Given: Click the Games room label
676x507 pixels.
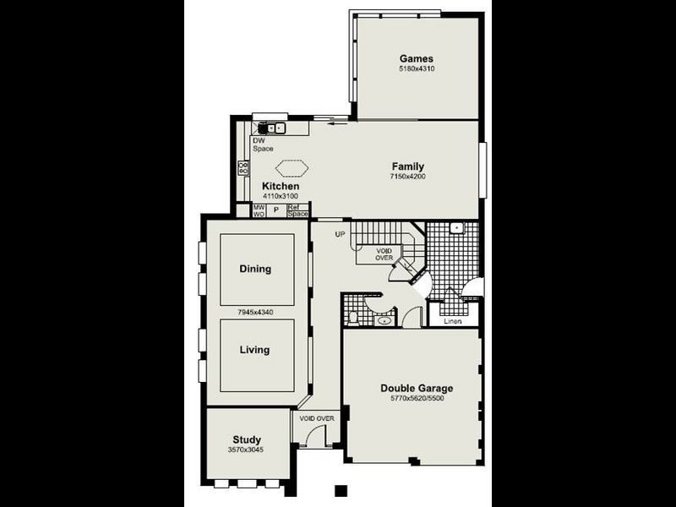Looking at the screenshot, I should click(417, 58).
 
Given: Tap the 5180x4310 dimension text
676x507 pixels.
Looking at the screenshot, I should click(417, 68).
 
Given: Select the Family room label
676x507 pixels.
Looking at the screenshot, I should click(407, 166).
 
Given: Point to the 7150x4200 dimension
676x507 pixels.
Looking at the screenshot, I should click(407, 177).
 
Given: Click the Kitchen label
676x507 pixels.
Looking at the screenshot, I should click(281, 186).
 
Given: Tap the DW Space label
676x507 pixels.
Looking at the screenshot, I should click(262, 144).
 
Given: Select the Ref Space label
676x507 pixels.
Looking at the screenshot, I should click(297, 210).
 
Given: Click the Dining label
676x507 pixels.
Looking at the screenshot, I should click(255, 269).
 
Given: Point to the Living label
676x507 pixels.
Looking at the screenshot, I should click(254, 349).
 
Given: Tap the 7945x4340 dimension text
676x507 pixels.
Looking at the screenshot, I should click(256, 312).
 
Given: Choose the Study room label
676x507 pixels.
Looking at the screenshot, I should click(247, 439).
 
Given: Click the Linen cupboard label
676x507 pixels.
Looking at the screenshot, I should click(452, 321).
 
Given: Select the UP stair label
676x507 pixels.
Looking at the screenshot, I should click(341, 234).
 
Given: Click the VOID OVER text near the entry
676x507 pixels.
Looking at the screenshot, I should click(317, 418).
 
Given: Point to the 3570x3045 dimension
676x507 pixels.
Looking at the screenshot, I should click(247, 450).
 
